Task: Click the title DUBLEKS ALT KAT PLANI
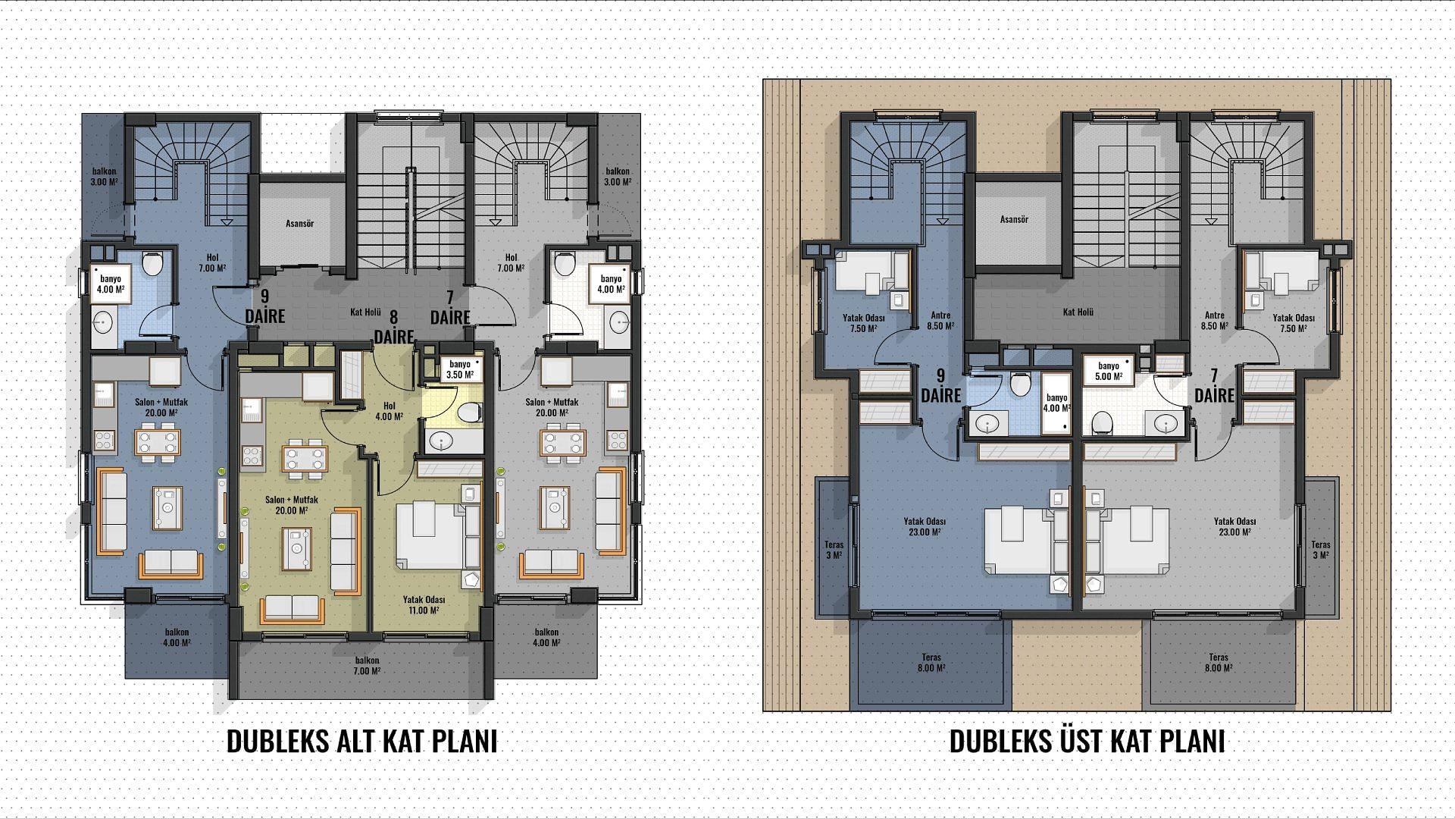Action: tap(362, 742)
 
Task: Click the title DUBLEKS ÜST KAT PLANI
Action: tap(1087, 742)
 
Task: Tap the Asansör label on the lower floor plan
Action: tap(300, 224)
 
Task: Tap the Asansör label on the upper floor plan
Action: tap(1014, 219)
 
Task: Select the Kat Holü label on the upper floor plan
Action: tap(1078, 312)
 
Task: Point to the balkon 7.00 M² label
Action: tap(366, 666)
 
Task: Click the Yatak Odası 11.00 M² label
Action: tap(423, 604)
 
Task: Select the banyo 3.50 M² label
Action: tap(459, 369)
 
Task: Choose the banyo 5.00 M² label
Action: tap(1107, 370)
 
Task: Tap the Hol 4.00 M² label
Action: tap(389, 410)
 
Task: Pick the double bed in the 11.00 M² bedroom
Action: tap(430, 535)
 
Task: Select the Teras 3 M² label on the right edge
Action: tap(1321, 550)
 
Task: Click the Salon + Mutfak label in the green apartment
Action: tap(291, 505)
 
